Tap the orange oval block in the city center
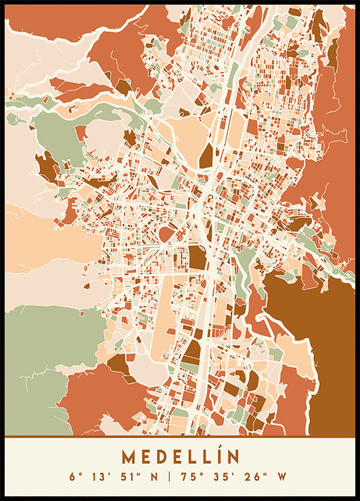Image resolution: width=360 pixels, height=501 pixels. (x=166, y=234)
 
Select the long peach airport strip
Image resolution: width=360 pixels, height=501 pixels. (x=162, y=314)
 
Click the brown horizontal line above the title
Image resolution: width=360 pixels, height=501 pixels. (x=180, y=437)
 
